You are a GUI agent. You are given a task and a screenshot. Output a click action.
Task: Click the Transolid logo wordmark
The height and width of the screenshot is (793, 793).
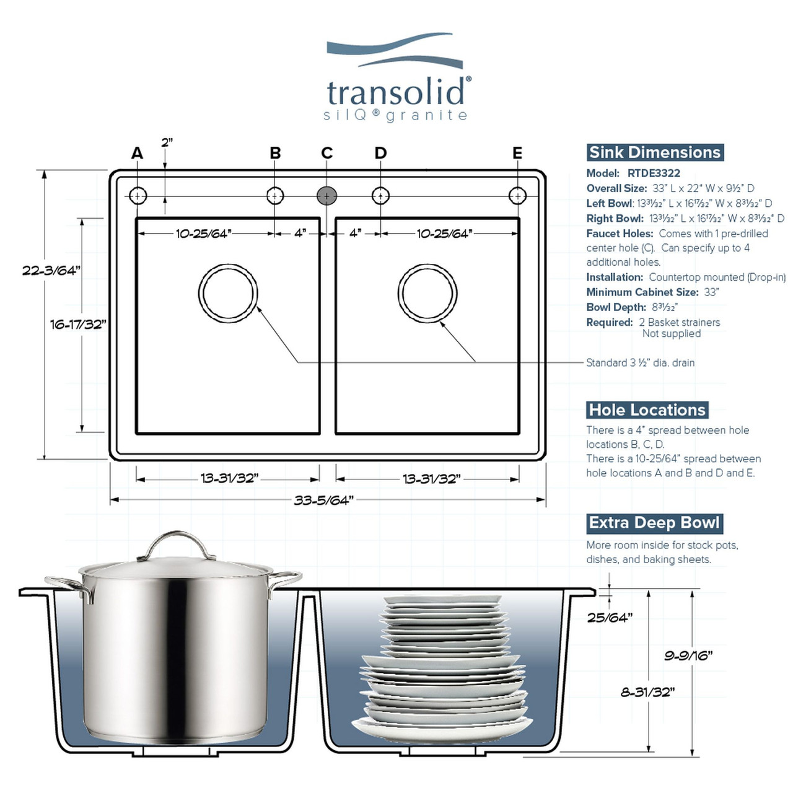(396, 93)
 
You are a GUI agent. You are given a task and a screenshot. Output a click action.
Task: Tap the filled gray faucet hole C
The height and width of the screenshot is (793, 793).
(326, 196)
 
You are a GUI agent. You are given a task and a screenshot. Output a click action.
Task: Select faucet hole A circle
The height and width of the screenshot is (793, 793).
(138, 196)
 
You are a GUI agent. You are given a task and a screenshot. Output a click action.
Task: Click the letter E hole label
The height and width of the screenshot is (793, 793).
(517, 153)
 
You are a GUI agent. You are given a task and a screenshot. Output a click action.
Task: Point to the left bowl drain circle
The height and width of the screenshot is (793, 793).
(228, 294)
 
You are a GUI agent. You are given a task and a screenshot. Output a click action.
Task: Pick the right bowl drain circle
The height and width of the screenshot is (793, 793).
(427, 294)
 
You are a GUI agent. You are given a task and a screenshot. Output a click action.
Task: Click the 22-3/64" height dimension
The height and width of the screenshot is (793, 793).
(51, 271)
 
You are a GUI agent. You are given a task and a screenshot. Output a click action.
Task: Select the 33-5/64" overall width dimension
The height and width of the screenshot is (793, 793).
(323, 500)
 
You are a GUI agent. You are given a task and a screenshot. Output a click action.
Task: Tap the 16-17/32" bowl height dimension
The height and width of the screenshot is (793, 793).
(78, 324)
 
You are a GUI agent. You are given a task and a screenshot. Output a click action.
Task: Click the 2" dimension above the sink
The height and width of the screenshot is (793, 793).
(167, 143)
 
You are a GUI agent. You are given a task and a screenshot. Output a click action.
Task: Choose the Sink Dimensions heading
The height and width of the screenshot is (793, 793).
(655, 152)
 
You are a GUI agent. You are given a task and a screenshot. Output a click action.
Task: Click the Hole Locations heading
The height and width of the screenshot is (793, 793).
(647, 410)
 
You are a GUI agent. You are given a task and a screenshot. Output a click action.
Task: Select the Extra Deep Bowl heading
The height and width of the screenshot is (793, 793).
(654, 523)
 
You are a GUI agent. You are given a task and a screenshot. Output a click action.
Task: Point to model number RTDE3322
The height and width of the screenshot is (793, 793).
(654, 173)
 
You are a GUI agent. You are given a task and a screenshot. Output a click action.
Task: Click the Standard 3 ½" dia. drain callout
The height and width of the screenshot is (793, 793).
(640, 362)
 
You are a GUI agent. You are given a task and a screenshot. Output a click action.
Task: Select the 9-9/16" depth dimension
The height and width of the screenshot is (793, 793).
(688, 655)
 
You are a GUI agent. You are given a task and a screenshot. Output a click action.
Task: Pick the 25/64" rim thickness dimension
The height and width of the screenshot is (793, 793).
(610, 617)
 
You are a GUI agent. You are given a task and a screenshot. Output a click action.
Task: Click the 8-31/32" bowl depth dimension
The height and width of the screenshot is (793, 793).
(647, 692)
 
